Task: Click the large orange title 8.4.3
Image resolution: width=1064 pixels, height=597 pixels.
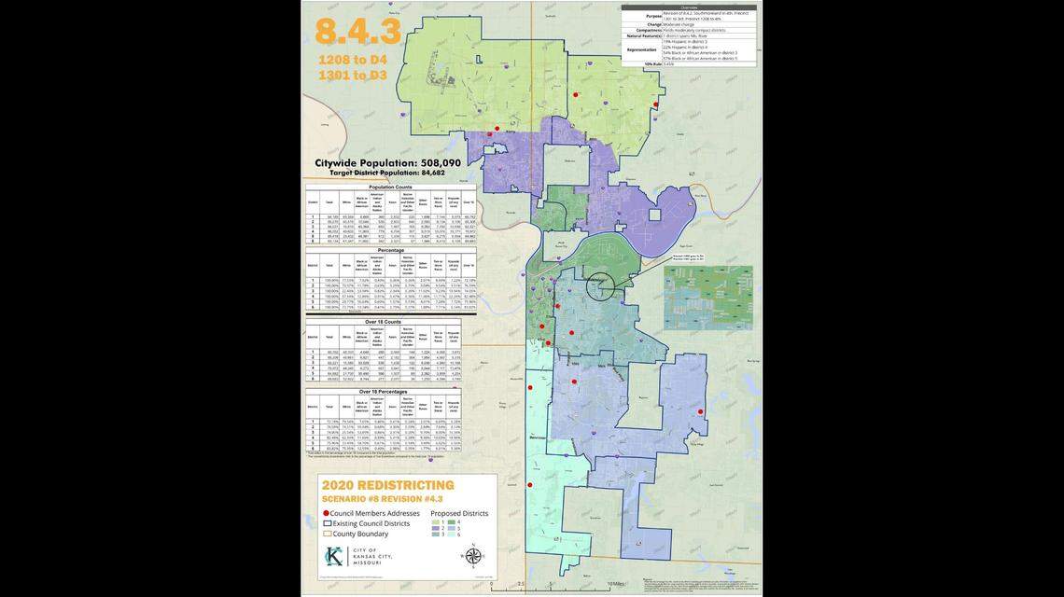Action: pos(358,31)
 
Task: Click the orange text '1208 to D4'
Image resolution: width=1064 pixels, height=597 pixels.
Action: pos(353,60)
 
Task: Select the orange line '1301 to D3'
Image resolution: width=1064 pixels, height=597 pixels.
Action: pos(353,75)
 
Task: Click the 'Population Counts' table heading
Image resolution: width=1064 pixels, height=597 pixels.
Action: pos(390,187)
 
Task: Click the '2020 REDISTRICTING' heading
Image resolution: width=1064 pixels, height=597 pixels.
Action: pos(387,485)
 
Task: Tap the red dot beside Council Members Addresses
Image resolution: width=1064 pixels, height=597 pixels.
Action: pos(326,513)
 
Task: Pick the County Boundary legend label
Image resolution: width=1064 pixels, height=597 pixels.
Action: pos(361,534)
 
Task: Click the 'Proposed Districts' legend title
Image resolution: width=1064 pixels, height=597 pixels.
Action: pos(459,513)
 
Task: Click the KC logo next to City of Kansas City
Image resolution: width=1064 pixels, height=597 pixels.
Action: pos(333,557)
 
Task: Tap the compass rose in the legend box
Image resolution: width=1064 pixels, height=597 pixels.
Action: pos(473,556)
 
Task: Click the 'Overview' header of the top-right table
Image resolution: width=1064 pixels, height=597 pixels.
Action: pos(689,6)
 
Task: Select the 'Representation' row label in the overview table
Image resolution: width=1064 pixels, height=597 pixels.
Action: pos(642,48)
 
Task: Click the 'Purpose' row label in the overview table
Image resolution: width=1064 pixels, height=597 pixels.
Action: pos(652,15)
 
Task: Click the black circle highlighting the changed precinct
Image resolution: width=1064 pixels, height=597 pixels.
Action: pos(601,286)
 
